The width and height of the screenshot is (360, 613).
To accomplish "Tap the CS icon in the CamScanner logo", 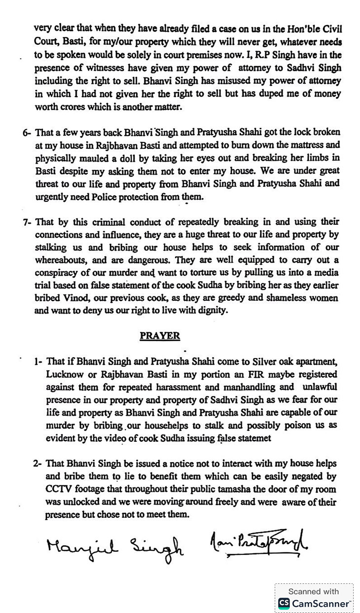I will click(x=284, y=603).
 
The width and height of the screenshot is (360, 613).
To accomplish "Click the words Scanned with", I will click(x=314, y=591).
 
